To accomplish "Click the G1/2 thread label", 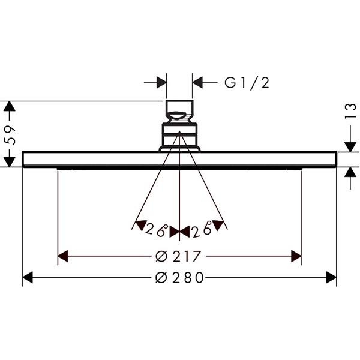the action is tap(247, 83).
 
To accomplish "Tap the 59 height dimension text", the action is tap(10, 135).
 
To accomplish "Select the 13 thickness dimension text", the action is tap(350, 111).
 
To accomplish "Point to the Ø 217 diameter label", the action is tap(178, 256).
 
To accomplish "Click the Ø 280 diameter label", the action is tap(179, 277).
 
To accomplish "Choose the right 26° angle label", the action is tap(202, 230).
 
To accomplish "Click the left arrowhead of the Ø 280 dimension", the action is tap(28, 277).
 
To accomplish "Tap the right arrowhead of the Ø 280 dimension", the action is tap(331, 277).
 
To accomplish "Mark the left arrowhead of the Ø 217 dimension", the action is tap(63, 256).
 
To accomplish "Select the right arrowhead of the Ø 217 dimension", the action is tap(296, 256).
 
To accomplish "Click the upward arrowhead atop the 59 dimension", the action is tap(9, 106).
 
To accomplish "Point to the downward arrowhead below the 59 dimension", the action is tap(9, 162).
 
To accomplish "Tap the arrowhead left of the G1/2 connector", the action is tap(161, 82).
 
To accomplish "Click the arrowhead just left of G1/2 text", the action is tap(197, 82).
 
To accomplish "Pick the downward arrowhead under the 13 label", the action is tap(350, 147).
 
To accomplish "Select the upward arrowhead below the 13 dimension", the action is tap(350, 172).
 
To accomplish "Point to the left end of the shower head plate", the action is tap(23, 159).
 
